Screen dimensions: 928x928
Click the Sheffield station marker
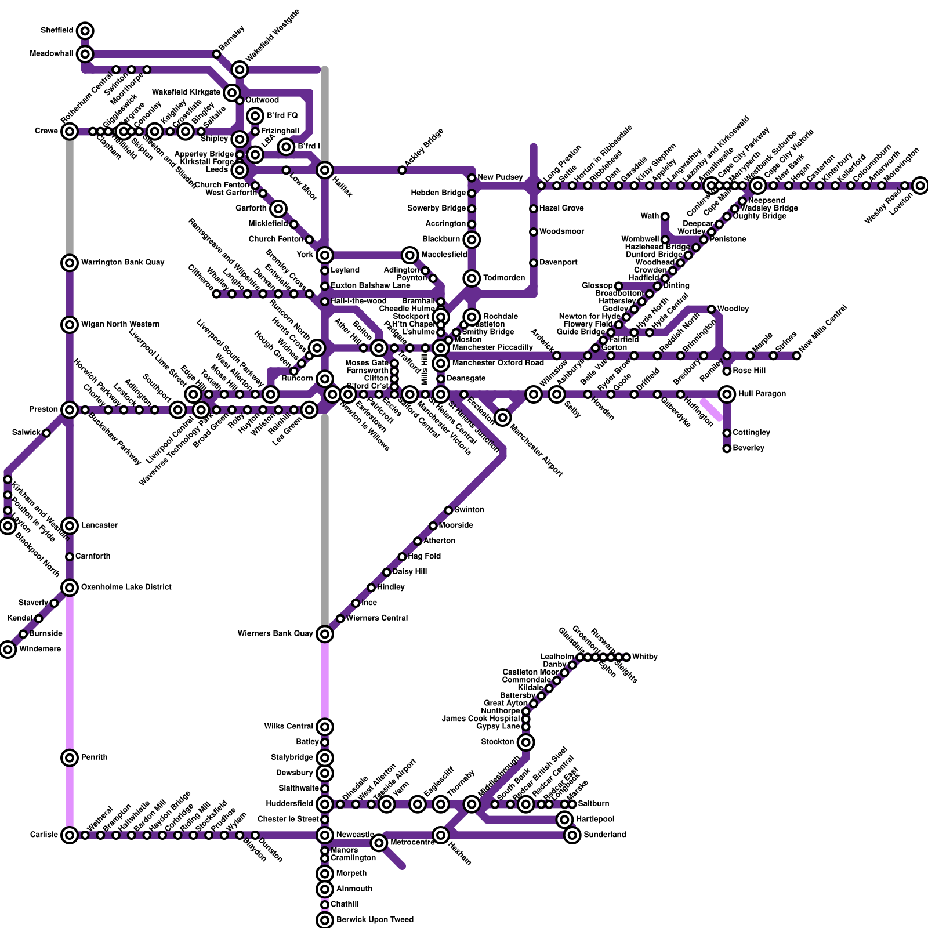click(x=85, y=31)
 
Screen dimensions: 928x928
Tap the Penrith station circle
click(x=70, y=757)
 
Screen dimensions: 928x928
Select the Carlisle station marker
click(x=70, y=835)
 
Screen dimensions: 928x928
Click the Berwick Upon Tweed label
click(x=375, y=920)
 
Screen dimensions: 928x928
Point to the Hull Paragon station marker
click(x=727, y=394)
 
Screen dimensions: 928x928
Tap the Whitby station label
click(x=644, y=657)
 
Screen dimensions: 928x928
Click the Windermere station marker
click(x=8, y=650)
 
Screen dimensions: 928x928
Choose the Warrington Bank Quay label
click(x=122, y=263)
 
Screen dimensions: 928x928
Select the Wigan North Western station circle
click(x=70, y=325)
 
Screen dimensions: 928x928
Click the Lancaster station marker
click(x=70, y=526)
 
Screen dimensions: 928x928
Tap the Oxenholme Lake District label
click(x=126, y=588)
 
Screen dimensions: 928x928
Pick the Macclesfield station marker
click(x=410, y=255)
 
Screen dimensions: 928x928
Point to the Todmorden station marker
click(x=472, y=278)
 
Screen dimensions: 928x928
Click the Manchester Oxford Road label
click(x=498, y=363)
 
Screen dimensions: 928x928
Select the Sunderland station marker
click(x=572, y=835)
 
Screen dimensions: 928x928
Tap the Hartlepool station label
click(x=595, y=820)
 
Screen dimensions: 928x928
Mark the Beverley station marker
click(x=727, y=448)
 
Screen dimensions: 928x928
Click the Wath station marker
click(x=665, y=216)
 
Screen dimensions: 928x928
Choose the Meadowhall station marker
click(x=85, y=54)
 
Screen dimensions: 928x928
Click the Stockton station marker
click(x=526, y=742)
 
